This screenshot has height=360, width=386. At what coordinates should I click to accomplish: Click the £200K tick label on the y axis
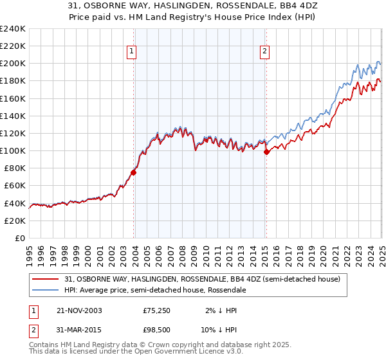13,64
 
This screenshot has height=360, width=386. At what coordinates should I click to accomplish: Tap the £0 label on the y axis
20,238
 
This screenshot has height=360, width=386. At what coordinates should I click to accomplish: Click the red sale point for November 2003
134,172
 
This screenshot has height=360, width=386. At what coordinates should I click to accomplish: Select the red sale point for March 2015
266,152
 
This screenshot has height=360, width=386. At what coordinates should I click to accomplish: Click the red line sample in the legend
46,279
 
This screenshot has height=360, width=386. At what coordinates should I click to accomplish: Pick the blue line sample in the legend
46,290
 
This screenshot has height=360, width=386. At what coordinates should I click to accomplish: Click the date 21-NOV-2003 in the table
79,310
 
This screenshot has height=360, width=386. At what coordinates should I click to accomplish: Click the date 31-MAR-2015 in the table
79,331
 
